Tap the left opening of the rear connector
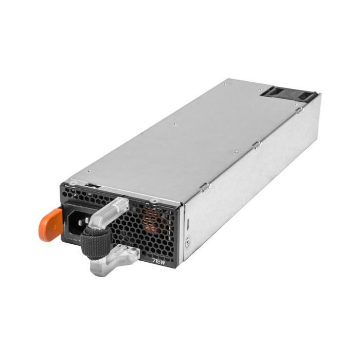point(272,93)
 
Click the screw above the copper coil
point(153,200)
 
